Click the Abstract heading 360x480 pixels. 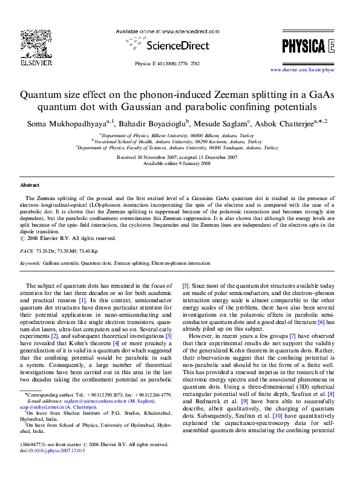30,184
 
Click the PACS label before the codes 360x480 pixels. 27,250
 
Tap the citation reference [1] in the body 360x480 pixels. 82,300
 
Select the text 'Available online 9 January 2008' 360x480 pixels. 180,163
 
